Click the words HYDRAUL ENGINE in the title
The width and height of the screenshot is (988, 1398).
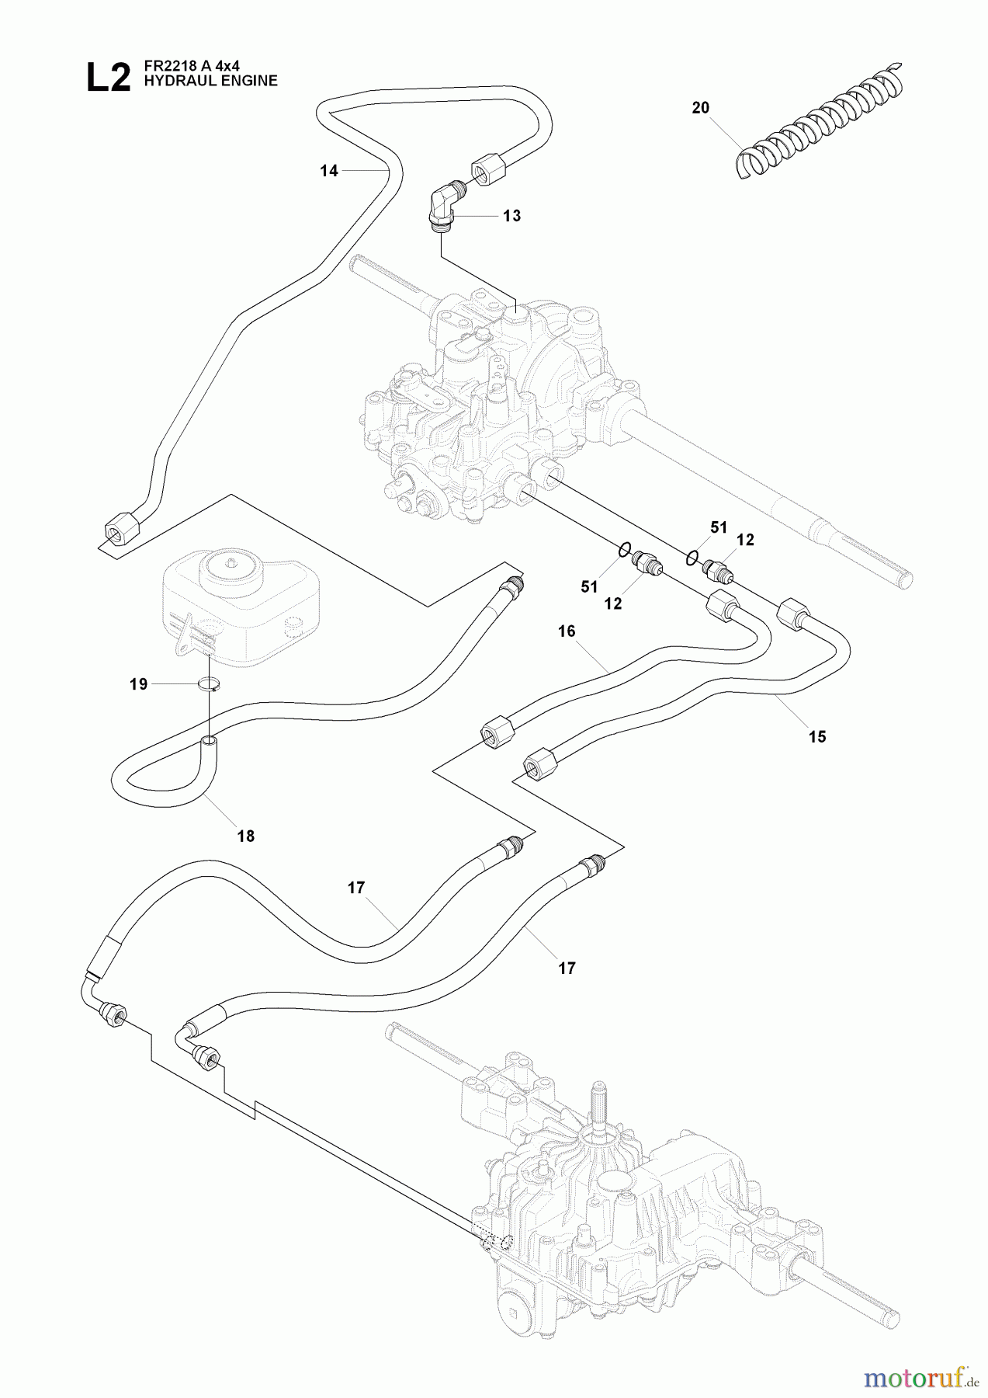[210, 81]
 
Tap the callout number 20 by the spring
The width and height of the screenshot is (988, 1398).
[700, 108]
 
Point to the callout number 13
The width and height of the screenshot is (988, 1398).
[511, 216]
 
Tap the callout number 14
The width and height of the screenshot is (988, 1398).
[329, 171]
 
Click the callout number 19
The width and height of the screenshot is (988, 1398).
[138, 684]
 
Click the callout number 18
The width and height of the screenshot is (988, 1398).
[246, 836]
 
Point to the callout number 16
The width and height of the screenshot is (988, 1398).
[567, 631]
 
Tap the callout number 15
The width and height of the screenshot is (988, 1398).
[817, 736]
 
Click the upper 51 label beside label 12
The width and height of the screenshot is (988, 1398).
[719, 527]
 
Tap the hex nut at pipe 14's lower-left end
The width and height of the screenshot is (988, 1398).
[121, 533]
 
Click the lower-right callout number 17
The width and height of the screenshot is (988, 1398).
[567, 968]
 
